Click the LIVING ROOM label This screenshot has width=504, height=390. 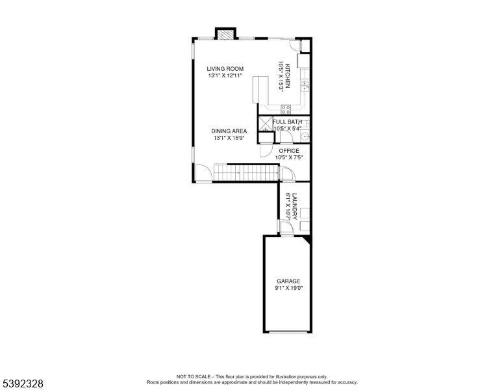pos(225,69)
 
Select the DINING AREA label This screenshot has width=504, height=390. pos(229,131)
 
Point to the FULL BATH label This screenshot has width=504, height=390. pos(287,122)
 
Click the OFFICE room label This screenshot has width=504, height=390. pos(289,150)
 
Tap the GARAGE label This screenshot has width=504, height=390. pos(289,281)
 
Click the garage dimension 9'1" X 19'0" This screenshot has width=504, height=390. pos(289,288)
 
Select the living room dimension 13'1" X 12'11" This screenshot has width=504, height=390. pos(225,76)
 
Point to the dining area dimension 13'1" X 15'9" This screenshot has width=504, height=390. pos(229,138)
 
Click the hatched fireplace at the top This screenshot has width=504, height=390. pos(226,34)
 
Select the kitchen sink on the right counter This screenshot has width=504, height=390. pos(305,86)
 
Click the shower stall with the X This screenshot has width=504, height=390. pos(265,123)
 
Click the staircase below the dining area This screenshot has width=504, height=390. pos(246,172)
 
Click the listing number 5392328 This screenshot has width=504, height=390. pos(23,384)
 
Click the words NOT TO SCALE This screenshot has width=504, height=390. pos(192,376)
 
